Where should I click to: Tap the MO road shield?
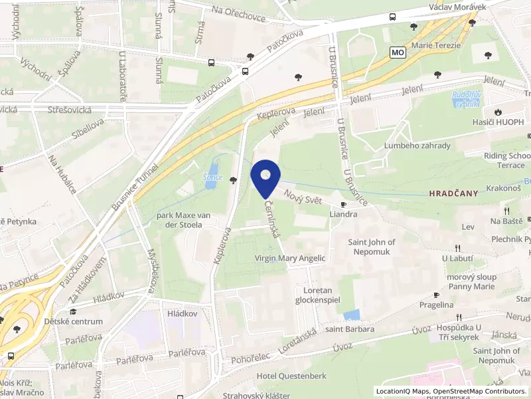click(x=397, y=52)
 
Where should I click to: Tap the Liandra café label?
click(x=343, y=214)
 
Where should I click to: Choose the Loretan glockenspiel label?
click(x=317, y=295)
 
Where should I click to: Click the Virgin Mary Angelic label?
click(x=290, y=258)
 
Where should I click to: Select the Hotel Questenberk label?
click(x=291, y=376)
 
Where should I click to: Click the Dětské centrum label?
click(x=73, y=321)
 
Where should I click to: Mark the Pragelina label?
click(x=436, y=305)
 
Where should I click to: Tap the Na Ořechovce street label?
click(x=238, y=9)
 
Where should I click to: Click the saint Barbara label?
click(x=350, y=329)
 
